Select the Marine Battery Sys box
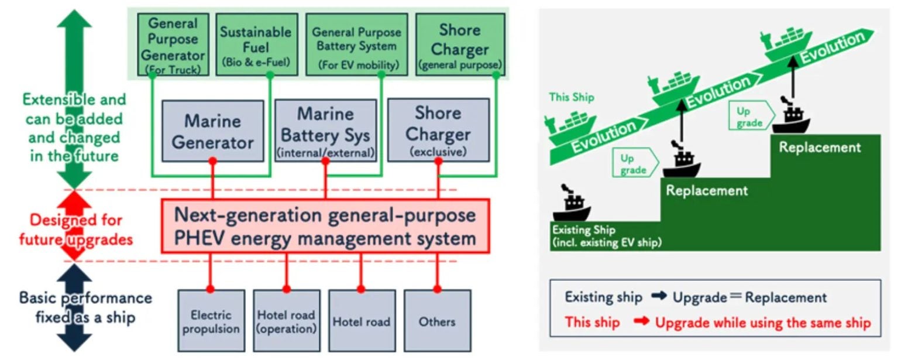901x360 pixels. tap(325, 131)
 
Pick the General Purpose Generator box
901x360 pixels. tap(173, 44)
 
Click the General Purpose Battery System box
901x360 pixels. tap(356, 44)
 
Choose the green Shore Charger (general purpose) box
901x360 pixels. tap(459, 44)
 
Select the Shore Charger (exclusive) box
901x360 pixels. tap(438, 131)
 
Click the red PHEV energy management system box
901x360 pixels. tap(325, 226)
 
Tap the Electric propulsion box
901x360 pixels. tap(211, 321)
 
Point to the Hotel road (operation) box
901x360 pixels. tap(286, 321)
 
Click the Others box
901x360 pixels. tap(437, 321)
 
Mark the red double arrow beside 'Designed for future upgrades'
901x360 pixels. tap(74, 225)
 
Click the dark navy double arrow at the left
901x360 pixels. tap(74, 307)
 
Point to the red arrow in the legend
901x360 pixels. tap(642, 323)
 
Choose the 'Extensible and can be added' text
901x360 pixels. tap(74, 109)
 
